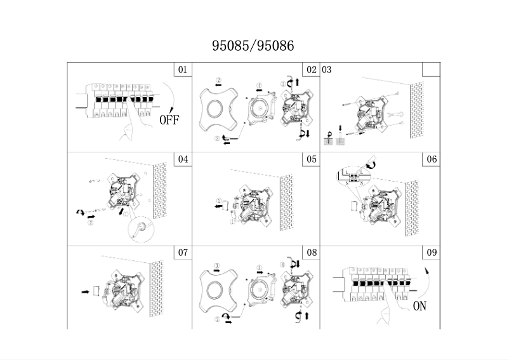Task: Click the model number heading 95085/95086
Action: pos(253,46)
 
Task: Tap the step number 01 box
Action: pos(183,70)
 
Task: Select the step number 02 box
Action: pos(311,70)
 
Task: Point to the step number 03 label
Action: pos(327,69)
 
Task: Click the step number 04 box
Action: pos(183,159)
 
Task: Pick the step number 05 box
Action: pos(311,159)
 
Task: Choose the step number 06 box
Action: pos(432,159)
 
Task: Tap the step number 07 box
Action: pos(183,253)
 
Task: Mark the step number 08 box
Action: pos(311,253)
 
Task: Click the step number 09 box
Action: pos(432,253)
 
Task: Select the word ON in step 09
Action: pos(420,306)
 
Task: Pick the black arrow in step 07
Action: pos(86,292)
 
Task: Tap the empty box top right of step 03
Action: pos(432,69)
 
